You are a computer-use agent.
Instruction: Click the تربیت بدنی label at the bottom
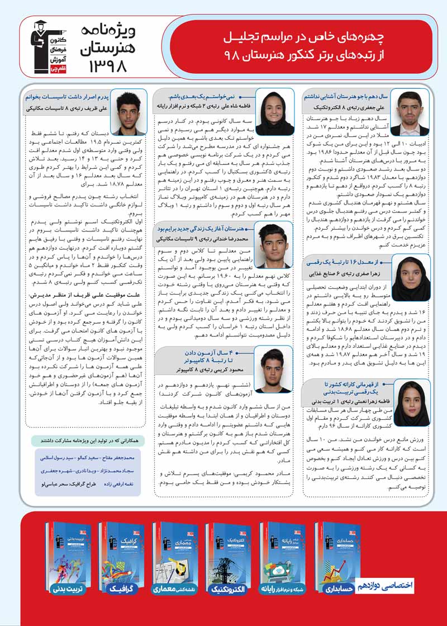pos(60,588)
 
